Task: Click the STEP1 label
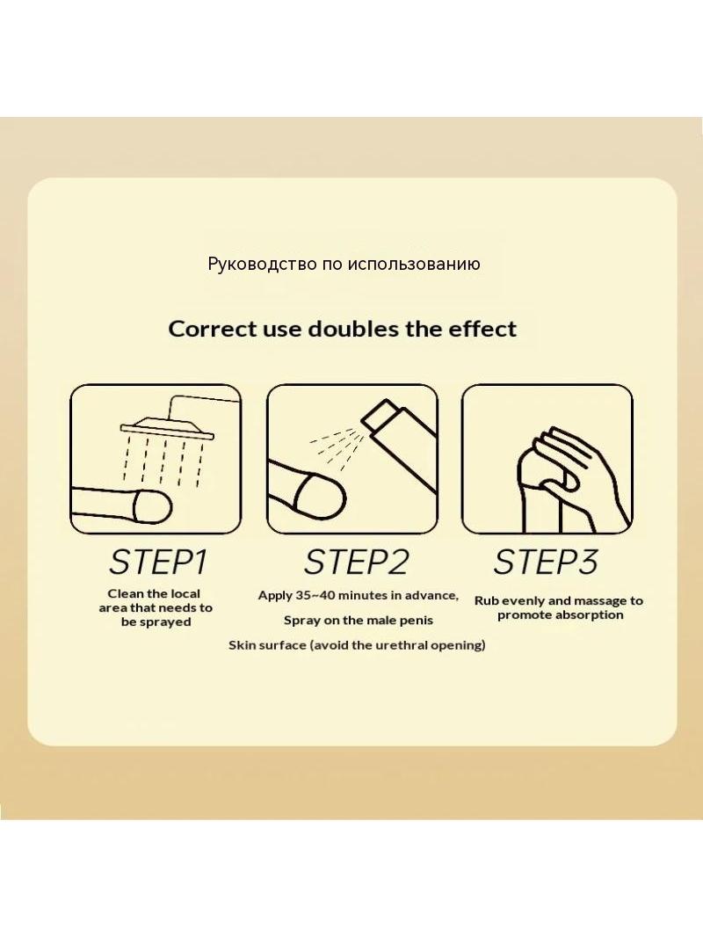(x=157, y=562)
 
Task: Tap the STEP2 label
(x=357, y=562)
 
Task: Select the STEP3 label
(x=546, y=562)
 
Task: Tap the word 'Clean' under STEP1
(x=126, y=594)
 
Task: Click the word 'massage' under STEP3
(x=598, y=601)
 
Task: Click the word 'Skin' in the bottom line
(x=241, y=645)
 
